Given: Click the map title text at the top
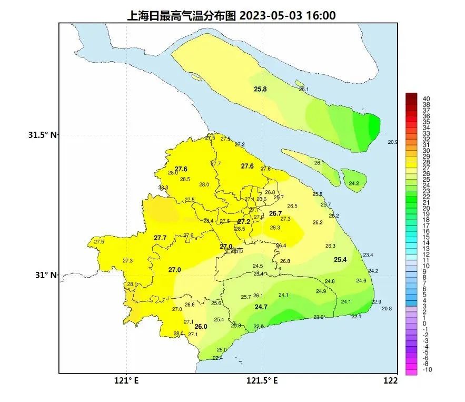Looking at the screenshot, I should [232, 15].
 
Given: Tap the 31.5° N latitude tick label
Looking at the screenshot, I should [43, 135].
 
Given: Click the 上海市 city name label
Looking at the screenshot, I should [234, 251].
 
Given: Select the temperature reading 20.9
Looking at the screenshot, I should [393, 142].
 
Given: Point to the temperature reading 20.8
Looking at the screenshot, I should [387, 309].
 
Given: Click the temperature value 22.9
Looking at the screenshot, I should [376, 302].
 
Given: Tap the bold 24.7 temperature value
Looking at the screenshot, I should [261, 307].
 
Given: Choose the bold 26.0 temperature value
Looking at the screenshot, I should [201, 327].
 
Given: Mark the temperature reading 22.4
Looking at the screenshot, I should [217, 358].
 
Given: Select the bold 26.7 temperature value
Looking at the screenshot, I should [275, 213].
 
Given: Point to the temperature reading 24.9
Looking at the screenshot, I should [321, 291].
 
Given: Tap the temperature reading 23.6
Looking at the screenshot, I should [319, 317].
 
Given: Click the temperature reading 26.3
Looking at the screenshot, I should [330, 246].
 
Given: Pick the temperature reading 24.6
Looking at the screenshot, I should [361, 281].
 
